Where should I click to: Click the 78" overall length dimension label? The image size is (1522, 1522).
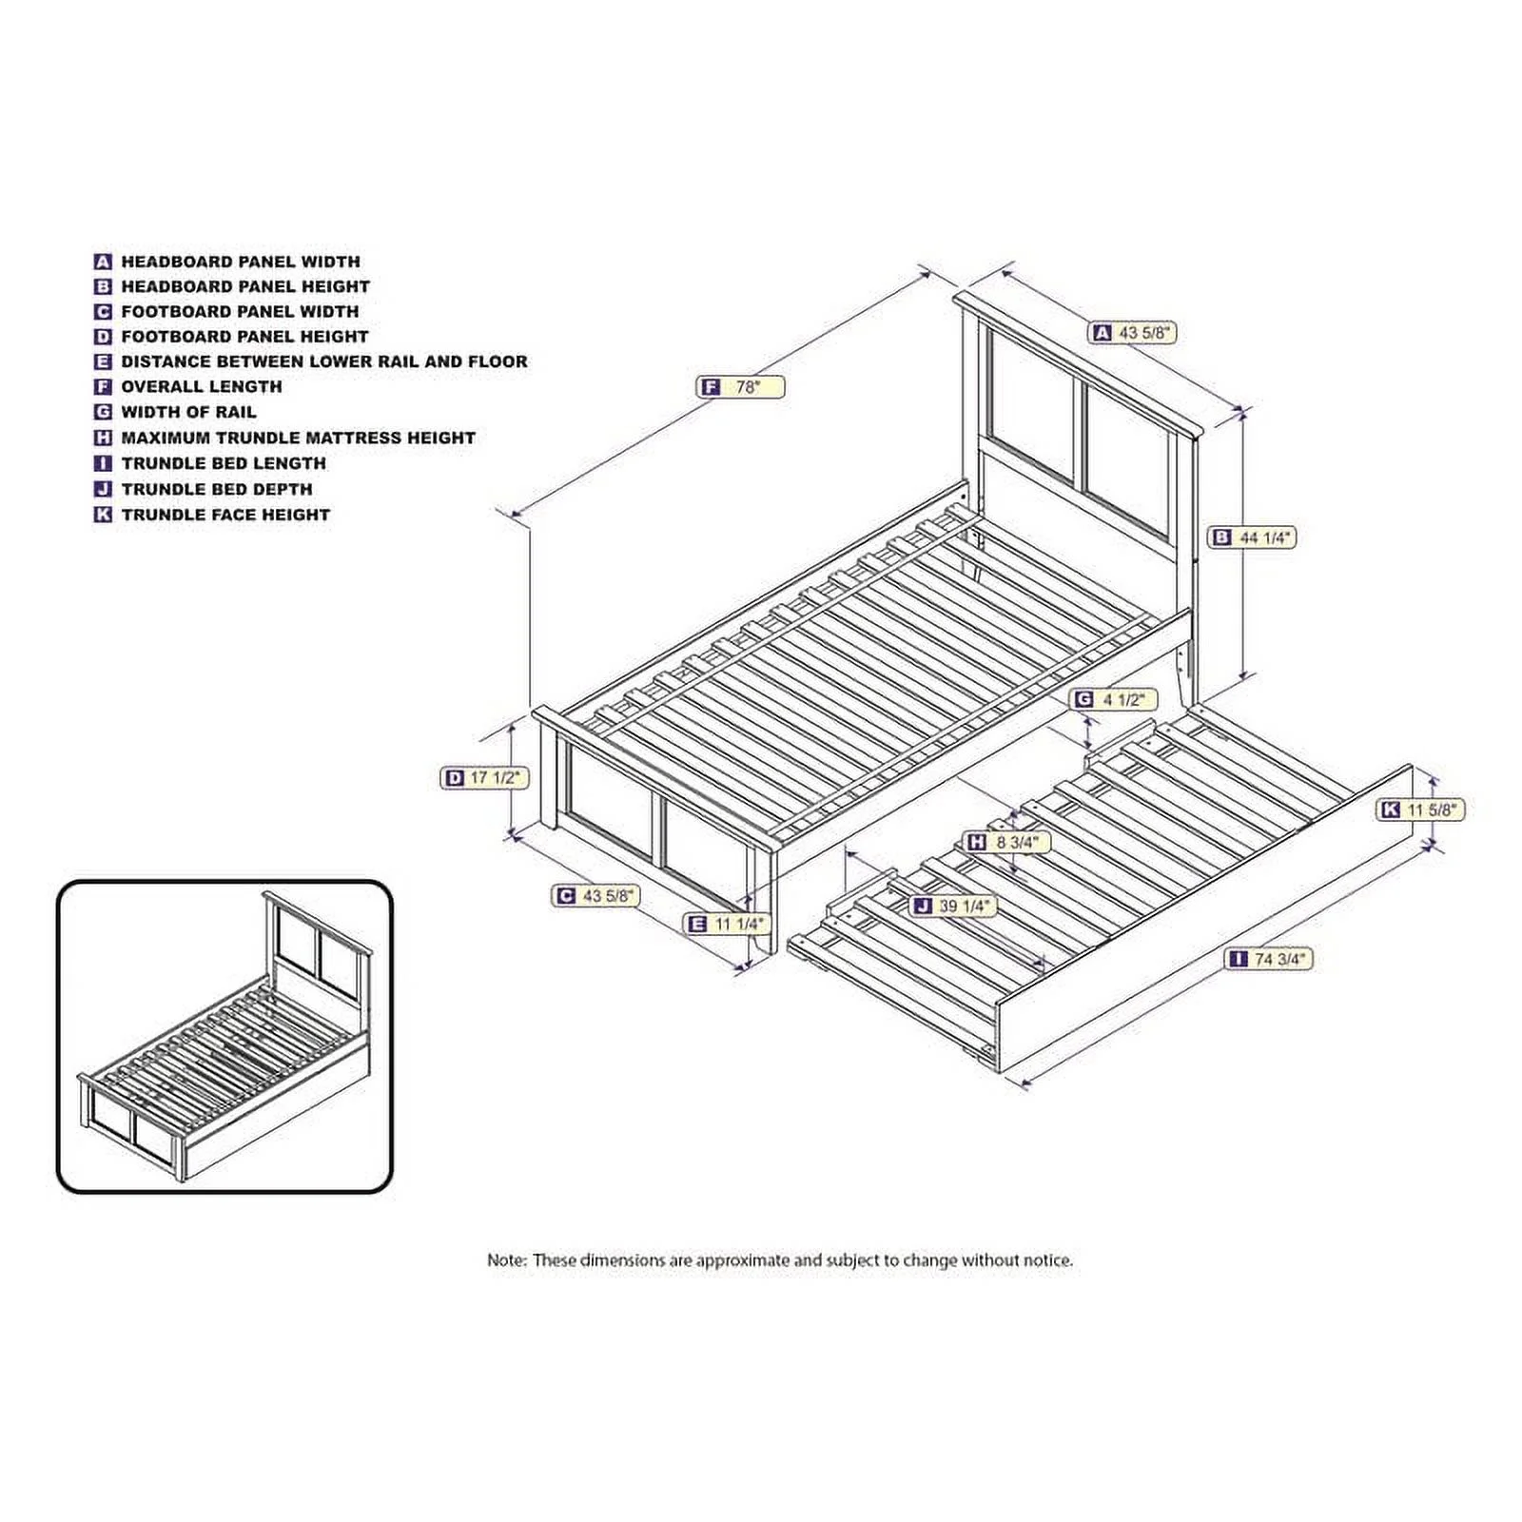click(x=741, y=387)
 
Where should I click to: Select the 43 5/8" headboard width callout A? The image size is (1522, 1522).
click(x=1134, y=333)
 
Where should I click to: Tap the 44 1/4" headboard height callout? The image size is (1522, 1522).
click(x=1252, y=537)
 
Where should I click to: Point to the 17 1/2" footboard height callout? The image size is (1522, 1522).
click(x=485, y=777)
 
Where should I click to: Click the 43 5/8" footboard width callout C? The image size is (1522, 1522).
click(x=596, y=896)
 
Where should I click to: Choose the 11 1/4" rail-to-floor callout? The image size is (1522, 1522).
click(x=727, y=924)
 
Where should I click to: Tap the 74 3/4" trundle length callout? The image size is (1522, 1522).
click(x=1270, y=959)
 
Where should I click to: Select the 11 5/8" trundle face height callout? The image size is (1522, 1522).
click(x=1421, y=810)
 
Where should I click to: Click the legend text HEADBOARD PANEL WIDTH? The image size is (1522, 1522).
click(x=241, y=262)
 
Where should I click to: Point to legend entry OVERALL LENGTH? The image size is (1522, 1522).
click(x=202, y=387)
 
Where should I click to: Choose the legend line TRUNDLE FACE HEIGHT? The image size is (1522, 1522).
click(x=225, y=515)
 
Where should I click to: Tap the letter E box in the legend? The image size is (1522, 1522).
click(x=103, y=361)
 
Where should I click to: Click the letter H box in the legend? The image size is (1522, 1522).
click(x=103, y=438)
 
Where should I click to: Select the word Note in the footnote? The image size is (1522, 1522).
click(x=506, y=1260)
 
